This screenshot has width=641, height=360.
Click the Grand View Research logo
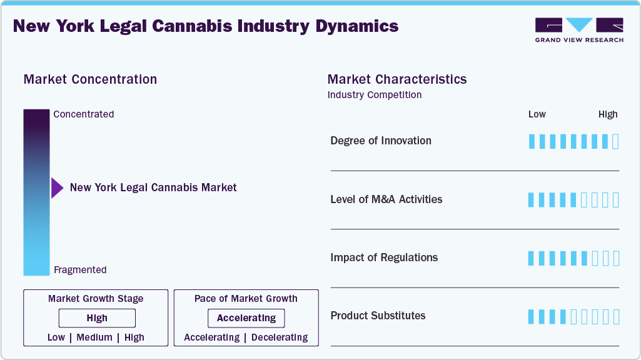579,30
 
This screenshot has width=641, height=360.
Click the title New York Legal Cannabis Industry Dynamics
206,26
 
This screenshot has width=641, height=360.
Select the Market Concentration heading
90,79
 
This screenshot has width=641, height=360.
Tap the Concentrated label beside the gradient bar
84,114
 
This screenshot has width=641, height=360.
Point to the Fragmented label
80,270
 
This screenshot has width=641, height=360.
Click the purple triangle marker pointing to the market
57,187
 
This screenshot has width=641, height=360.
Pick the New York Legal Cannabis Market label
153,187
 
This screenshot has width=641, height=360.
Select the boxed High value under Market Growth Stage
97,318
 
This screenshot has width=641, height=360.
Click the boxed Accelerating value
246,318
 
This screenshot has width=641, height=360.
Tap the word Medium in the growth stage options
94,337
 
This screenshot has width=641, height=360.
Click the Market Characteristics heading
397,79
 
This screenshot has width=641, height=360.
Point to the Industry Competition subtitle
375,95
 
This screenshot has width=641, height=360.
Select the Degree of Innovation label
381,141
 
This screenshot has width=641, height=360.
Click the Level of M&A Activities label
386,199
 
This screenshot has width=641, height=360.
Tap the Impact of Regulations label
384,257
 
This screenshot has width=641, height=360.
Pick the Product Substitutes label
378,316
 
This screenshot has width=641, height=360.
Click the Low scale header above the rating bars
537,114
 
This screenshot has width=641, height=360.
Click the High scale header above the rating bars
608,114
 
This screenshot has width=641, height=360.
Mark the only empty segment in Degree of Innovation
615,141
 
